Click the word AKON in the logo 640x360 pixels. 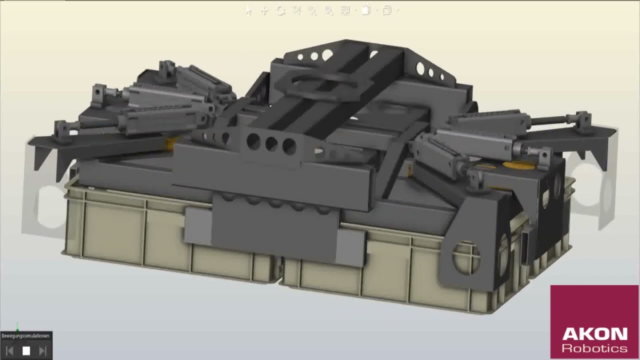click(595, 334)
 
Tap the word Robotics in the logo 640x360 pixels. click(594, 348)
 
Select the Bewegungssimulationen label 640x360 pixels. click(25, 335)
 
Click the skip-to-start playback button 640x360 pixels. click(9, 351)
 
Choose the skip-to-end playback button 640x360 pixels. click(43, 351)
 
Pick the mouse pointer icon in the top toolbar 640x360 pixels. click(249, 11)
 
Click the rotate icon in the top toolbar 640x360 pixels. click(280, 11)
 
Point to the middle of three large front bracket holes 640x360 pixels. click(271, 143)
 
